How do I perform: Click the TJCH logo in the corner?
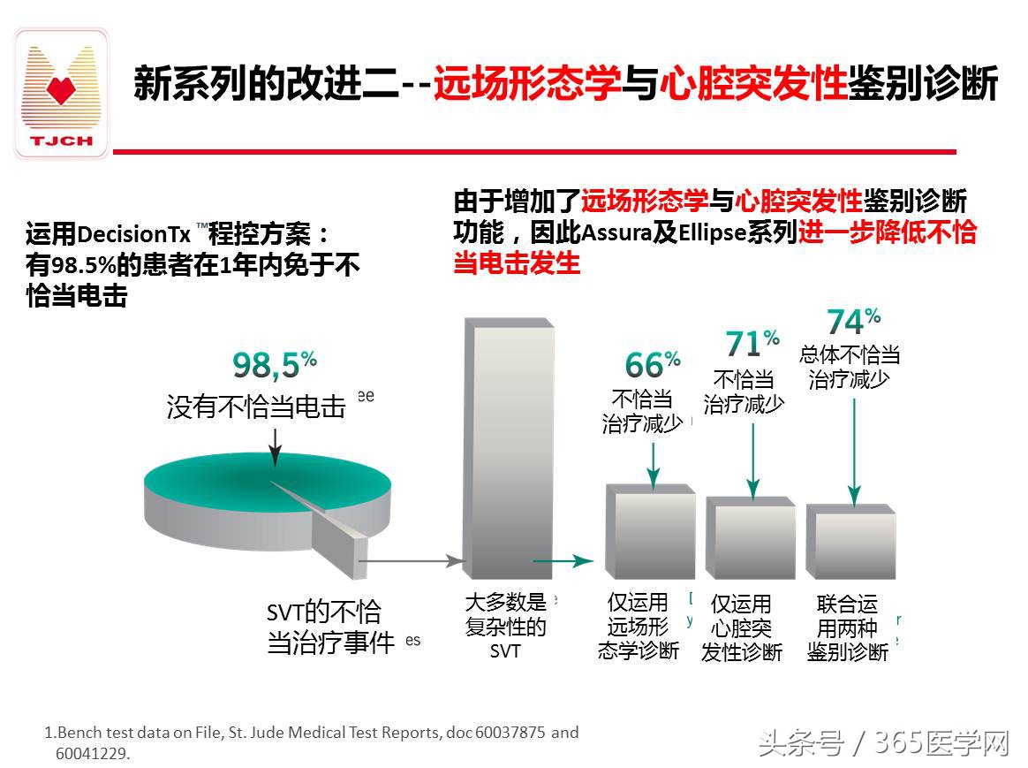coord(61,94)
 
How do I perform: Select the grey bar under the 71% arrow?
coord(750,539)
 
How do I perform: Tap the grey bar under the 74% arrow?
coord(850,544)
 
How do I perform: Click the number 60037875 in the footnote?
coord(511,733)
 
